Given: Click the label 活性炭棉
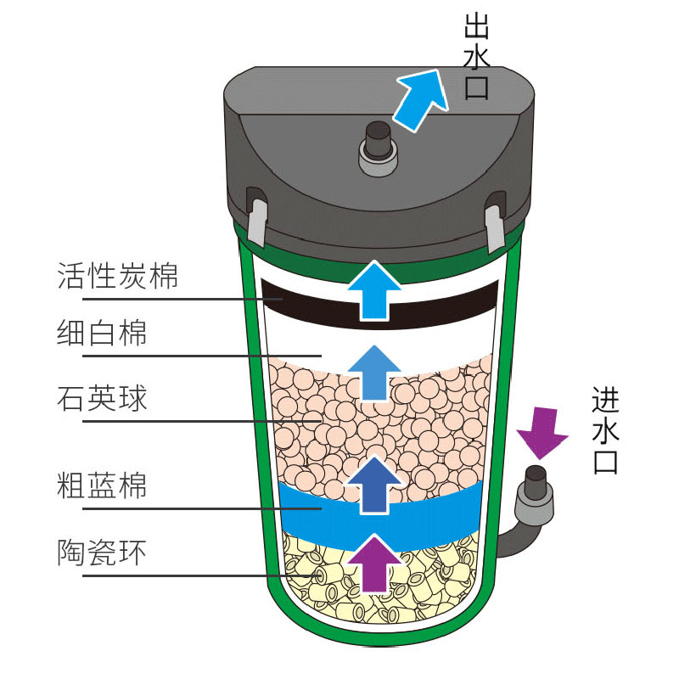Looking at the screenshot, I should point(118,276).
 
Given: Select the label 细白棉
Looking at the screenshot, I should point(102,333).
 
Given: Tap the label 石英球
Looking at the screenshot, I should point(102,396).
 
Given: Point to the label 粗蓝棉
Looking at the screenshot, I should point(102,486).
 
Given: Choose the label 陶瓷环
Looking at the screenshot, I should point(102,553).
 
